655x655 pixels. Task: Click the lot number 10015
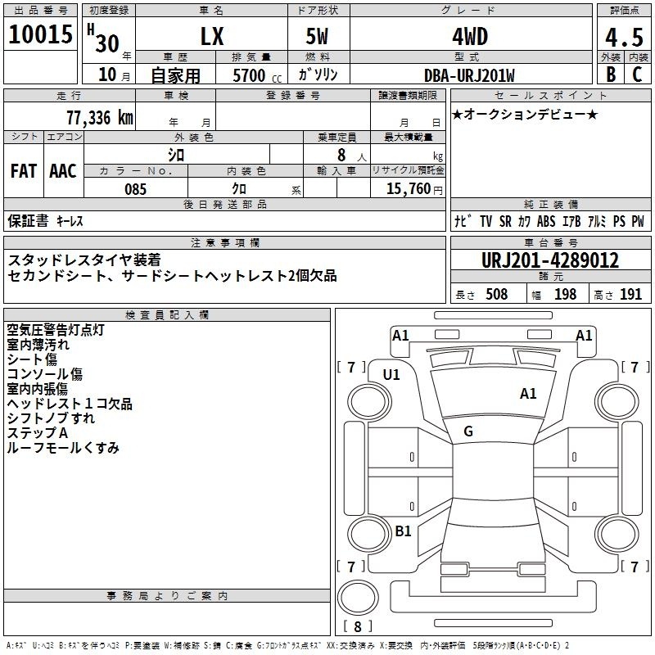click(40, 34)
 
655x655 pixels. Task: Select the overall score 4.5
click(624, 37)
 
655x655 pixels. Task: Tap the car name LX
click(212, 36)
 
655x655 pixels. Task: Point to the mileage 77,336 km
click(100, 117)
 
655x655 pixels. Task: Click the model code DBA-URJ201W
click(469, 75)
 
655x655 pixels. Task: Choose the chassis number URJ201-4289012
click(550, 260)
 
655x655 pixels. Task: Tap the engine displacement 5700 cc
click(257, 75)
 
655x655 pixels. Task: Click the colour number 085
click(136, 189)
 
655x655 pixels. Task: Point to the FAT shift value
click(24, 171)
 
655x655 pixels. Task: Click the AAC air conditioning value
click(63, 171)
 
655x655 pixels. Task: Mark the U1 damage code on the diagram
click(391, 375)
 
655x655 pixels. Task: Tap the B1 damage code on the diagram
click(403, 531)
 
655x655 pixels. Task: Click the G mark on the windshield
click(468, 431)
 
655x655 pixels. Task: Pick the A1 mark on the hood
click(528, 394)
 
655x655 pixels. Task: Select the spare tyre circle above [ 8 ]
click(358, 598)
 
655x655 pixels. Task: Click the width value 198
click(565, 294)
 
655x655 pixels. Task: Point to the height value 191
click(630, 294)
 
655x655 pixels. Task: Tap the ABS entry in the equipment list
click(546, 221)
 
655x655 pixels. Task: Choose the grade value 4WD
click(470, 37)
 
